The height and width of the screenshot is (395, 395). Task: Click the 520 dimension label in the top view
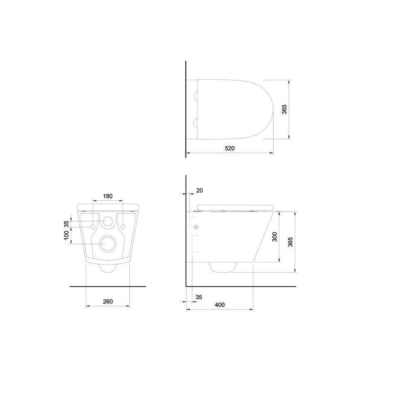click(230, 148)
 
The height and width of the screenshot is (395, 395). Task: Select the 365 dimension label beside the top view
click(284, 109)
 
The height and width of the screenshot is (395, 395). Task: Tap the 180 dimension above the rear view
click(108, 196)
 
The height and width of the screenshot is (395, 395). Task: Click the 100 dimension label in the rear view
click(66, 238)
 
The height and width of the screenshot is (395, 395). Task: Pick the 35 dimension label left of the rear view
click(66, 224)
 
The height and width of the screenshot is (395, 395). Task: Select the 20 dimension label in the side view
click(199, 190)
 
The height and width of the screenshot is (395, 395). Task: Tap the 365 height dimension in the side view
click(290, 242)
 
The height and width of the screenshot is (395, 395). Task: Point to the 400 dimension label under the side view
click(220, 305)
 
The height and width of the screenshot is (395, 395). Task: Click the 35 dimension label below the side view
click(198, 297)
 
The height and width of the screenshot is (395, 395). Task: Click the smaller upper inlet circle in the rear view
click(108, 222)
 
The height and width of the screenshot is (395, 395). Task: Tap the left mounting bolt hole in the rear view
click(93, 226)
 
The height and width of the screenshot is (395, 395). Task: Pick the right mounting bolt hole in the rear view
click(123, 226)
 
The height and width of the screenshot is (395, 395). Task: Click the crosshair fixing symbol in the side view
click(195, 227)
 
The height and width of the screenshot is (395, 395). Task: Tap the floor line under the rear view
click(108, 286)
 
